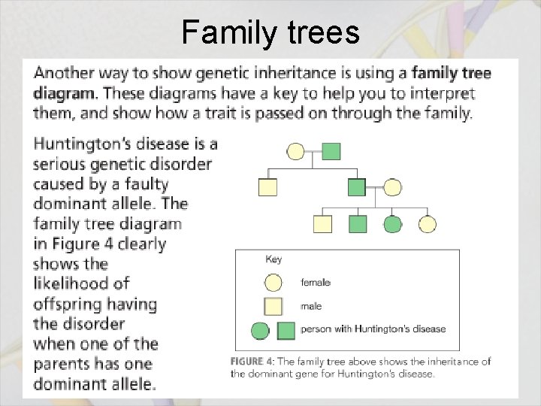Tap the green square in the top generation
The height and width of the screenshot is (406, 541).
(x=331, y=151)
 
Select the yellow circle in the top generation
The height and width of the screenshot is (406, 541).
(x=296, y=152)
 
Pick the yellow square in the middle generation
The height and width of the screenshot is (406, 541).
(x=267, y=187)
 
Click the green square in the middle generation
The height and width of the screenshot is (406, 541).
(x=357, y=187)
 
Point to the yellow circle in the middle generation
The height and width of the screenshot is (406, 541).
(x=392, y=187)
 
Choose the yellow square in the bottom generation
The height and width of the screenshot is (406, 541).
(x=322, y=224)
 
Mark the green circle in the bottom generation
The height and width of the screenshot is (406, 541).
(x=392, y=224)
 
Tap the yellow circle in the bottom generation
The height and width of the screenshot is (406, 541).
(x=428, y=224)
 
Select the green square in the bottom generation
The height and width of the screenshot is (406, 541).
(x=358, y=224)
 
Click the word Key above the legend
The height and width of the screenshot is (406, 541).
(x=274, y=259)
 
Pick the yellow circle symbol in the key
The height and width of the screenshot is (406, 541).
(x=274, y=283)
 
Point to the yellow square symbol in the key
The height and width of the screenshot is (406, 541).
(x=274, y=306)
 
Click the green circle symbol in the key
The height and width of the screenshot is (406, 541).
(x=260, y=329)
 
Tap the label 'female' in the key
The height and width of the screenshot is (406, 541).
(x=316, y=283)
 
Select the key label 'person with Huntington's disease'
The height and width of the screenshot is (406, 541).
(x=373, y=329)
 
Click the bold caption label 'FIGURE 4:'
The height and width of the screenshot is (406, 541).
(x=252, y=362)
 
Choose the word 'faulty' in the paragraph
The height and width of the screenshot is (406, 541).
(x=143, y=183)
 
